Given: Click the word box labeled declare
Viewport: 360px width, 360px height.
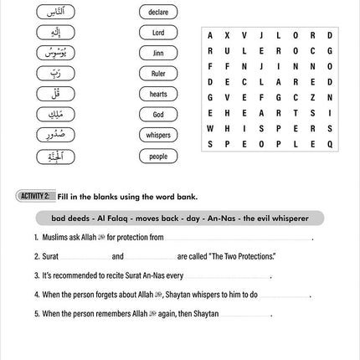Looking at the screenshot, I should tap(158, 13).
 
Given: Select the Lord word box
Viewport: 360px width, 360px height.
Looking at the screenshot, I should tap(158, 33).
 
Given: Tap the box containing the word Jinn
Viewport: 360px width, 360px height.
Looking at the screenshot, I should tap(158, 53).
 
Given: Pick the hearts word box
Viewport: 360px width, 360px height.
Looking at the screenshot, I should tap(158, 95).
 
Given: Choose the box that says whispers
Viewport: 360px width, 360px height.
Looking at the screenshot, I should tap(158, 135).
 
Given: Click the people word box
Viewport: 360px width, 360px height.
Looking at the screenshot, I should tap(158, 156).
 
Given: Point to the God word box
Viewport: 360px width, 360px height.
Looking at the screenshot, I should tap(158, 115).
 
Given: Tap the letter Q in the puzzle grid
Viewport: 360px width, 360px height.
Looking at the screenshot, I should tap(330, 144).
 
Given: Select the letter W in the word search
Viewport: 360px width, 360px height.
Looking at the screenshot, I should tap(210, 129).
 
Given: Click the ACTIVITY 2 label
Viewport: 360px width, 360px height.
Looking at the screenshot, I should tap(35, 196).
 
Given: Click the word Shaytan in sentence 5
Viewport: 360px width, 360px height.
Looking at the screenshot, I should tap(207, 314).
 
